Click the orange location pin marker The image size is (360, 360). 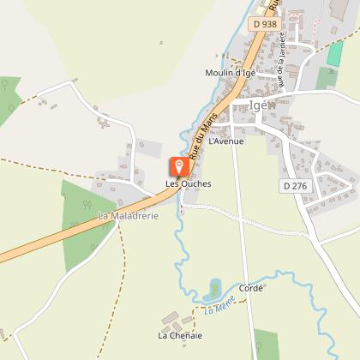click(178, 166)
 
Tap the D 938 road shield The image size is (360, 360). click(265, 25)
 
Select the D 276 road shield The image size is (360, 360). click(293, 185)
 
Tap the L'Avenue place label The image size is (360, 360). click(226, 141)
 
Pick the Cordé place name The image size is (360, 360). click(250, 289)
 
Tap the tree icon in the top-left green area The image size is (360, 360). click(7, 86)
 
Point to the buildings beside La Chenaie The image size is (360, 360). click(173, 318)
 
